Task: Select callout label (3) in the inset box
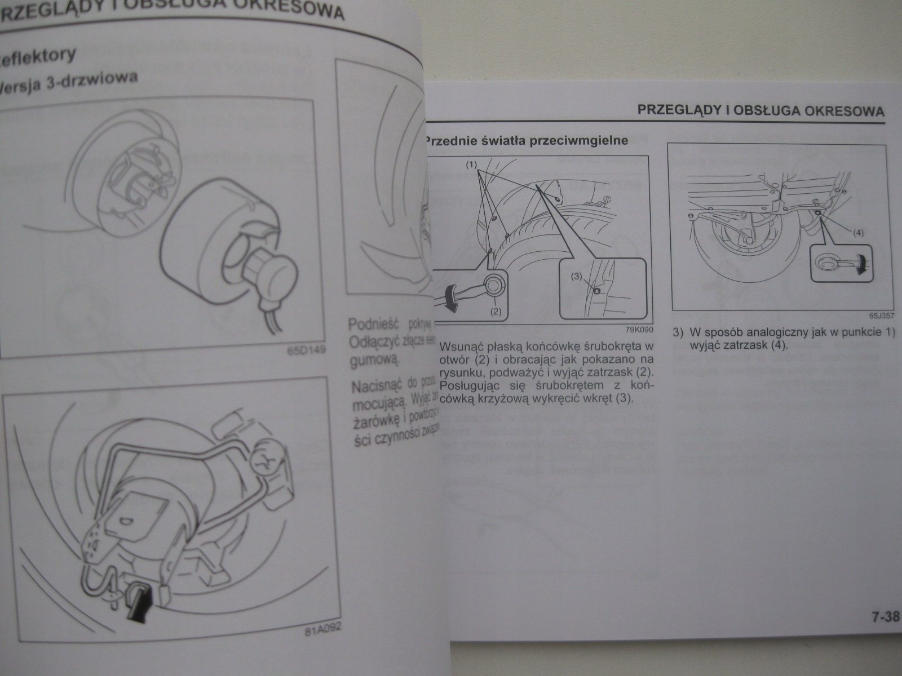click(576, 277)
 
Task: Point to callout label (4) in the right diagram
click(857, 232)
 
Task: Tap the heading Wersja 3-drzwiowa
click(68, 83)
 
